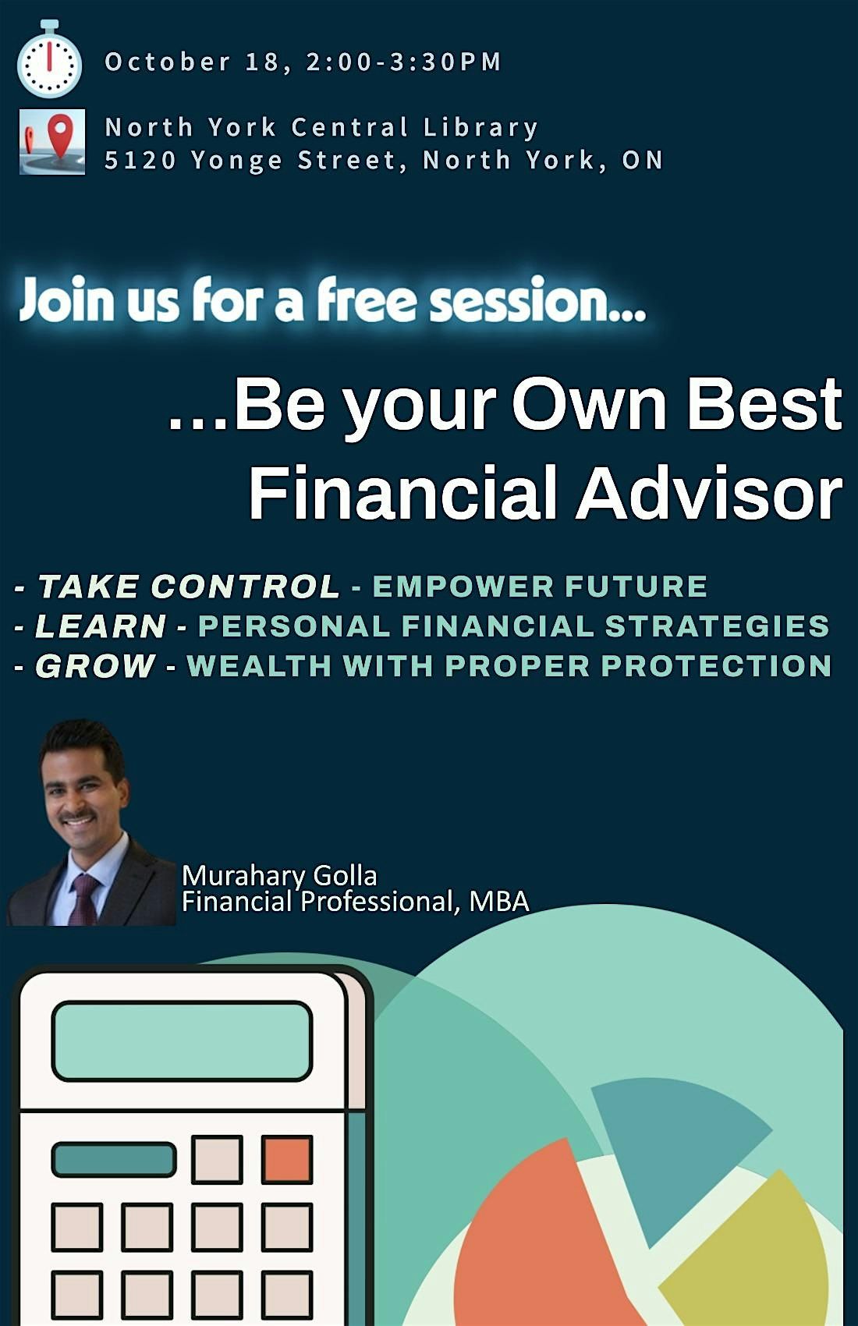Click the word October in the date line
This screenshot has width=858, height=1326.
(x=168, y=62)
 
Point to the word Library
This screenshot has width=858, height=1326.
(x=480, y=128)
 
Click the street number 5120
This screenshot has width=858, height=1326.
(x=140, y=161)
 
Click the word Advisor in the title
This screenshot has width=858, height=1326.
(x=709, y=492)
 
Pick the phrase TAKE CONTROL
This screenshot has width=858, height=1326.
(x=189, y=587)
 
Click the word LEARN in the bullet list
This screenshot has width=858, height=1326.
(x=101, y=626)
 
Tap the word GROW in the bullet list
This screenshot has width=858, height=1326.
(x=95, y=666)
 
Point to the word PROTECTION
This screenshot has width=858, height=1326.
(x=717, y=666)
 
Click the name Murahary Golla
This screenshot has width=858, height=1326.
(x=279, y=875)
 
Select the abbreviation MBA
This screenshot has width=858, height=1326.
(x=499, y=902)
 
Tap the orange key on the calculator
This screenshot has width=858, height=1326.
(x=287, y=1160)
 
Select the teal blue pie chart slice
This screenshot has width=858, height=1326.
(x=675, y=1146)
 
